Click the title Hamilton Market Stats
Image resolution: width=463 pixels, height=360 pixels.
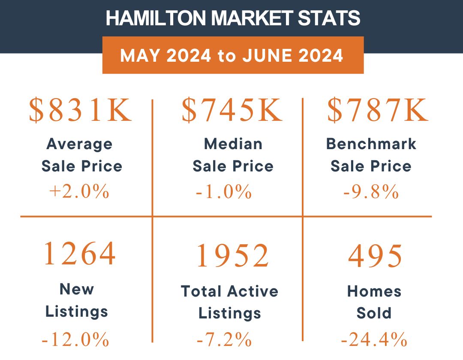(x=233, y=18)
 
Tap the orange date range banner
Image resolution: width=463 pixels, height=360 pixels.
(x=233, y=55)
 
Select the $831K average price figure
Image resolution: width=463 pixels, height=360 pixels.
(x=81, y=111)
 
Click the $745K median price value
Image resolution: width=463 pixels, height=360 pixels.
(x=232, y=111)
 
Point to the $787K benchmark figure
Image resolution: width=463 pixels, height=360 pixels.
(x=378, y=111)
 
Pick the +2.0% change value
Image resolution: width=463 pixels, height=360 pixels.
(x=79, y=192)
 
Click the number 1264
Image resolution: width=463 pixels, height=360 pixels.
(x=80, y=254)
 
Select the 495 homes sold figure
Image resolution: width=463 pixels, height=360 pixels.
(x=376, y=256)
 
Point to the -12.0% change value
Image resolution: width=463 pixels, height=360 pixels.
(x=75, y=340)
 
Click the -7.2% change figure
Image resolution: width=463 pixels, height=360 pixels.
(x=224, y=340)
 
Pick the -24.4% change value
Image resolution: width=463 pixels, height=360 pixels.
(x=374, y=340)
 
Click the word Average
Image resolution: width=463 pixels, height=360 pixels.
(x=79, y=144)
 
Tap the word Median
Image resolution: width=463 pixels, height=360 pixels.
(x=233, y=144)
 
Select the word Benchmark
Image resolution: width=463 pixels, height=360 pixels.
(x=371, y=144)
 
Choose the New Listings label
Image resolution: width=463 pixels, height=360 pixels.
(x=77, y=300)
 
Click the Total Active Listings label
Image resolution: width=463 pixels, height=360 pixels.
(x=230, y=302)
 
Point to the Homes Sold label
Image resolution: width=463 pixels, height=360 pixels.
(x=374, y=302)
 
